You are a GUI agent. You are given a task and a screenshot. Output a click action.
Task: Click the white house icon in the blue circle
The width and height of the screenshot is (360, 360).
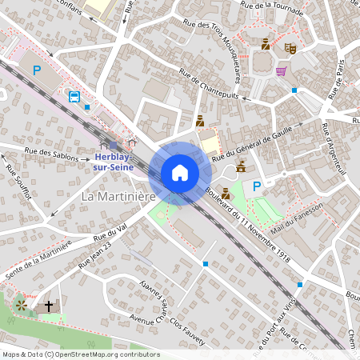pyautogui.click(x=180, y=173)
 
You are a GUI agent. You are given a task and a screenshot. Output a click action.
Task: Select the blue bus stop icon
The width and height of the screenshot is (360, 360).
pyautogui.click(x=74, y=97)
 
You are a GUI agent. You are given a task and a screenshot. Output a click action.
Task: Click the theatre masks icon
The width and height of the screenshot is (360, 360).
pyautogui.click(x=291, y=48)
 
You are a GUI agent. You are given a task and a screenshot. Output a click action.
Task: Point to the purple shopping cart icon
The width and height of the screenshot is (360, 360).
pyautogui.click(x=281, y=71)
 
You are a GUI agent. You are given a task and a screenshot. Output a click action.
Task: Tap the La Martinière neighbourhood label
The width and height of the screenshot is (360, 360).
pyautogui.click(x=117, y=195)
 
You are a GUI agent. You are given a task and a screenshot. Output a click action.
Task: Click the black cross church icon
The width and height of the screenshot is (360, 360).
pyautogui.click(x=49, y=306)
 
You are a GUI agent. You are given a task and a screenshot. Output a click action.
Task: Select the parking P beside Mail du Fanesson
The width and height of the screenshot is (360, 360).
pyautogui.click(x=257, y=186)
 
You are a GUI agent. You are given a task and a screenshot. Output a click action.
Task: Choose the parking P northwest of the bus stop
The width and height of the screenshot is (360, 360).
pyautogui.click(x=36, y=70)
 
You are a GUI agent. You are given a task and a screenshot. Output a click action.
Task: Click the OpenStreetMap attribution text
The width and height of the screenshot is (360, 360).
pyautogui.click(x=80, y=354)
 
